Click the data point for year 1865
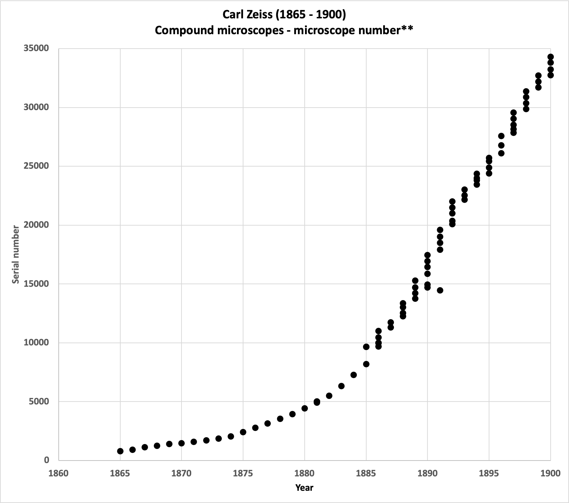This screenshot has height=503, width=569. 120,451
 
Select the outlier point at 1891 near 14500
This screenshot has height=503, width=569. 440,290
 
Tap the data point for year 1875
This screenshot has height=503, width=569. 243,432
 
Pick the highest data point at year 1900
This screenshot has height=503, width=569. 550,57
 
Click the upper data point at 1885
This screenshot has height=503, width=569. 366,346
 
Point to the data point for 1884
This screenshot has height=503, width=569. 354,375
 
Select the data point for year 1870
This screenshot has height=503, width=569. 182,443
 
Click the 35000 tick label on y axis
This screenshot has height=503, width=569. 36,49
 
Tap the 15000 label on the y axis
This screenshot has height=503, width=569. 36,284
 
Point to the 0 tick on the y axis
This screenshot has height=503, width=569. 46,460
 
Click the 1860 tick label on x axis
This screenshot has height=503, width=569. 58,473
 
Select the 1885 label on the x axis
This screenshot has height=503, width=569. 366,473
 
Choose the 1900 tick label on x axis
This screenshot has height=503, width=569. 550,473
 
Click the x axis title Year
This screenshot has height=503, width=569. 304,488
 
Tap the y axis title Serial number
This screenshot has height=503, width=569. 15,254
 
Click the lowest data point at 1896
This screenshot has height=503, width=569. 501,153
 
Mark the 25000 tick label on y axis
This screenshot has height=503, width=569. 36,166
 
